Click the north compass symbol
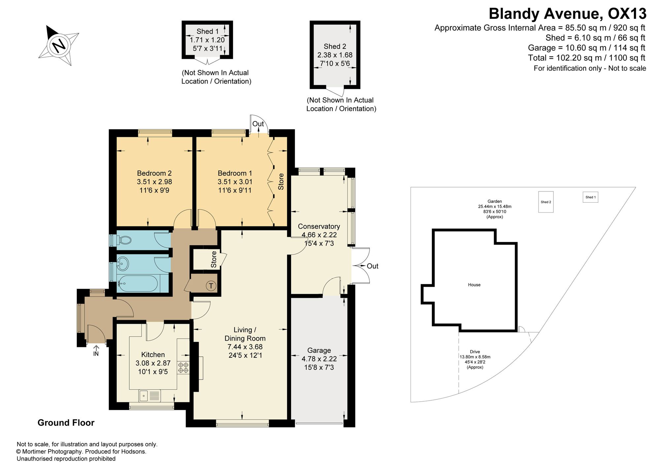pos(59,45)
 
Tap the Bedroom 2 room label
pos(154,173)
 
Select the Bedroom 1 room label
pos(235,173)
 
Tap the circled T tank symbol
pos(211,285)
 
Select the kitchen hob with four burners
pos(183,368)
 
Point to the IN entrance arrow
pos(96,350)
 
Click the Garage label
pos(319,350)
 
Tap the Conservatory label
pos(319,226)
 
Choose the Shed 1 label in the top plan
pos(208,31)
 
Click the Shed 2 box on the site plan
pos(546,202)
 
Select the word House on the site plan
pos(474,285)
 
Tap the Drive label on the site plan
pos(475,352)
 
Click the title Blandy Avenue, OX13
pos(567,14)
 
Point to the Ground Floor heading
pos(66,423)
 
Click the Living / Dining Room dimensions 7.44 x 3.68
pos(245,347)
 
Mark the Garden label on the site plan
pos(495,201)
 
